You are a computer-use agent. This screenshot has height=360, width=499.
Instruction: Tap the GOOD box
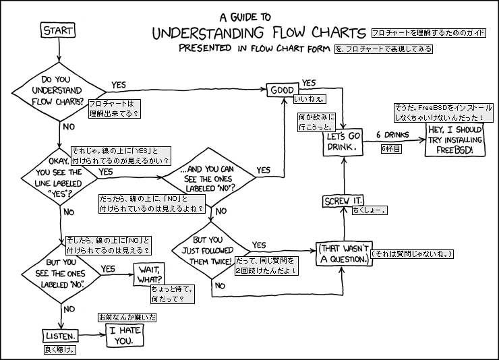283,90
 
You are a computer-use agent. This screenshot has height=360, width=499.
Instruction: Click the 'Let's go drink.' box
344,140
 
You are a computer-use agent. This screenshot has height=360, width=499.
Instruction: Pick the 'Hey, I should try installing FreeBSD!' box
454,139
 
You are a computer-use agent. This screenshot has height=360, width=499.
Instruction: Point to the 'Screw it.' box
343,202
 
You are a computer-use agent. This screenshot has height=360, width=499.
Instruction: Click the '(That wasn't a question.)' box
344,253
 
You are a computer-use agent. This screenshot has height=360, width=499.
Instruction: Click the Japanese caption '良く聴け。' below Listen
59,351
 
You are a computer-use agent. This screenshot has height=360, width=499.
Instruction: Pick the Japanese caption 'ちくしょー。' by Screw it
369,210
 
